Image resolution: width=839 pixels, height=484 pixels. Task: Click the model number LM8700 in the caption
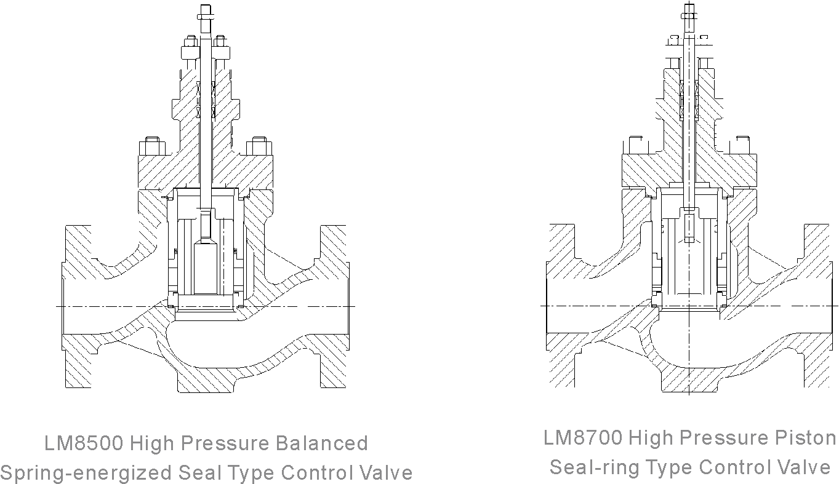[x=582, y=438]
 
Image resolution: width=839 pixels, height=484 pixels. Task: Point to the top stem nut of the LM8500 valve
[x=204, y=12]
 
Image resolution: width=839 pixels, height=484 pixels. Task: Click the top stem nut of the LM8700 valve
[x=689, y=11]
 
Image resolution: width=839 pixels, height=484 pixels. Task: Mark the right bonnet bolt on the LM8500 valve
[x=259, y=148]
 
